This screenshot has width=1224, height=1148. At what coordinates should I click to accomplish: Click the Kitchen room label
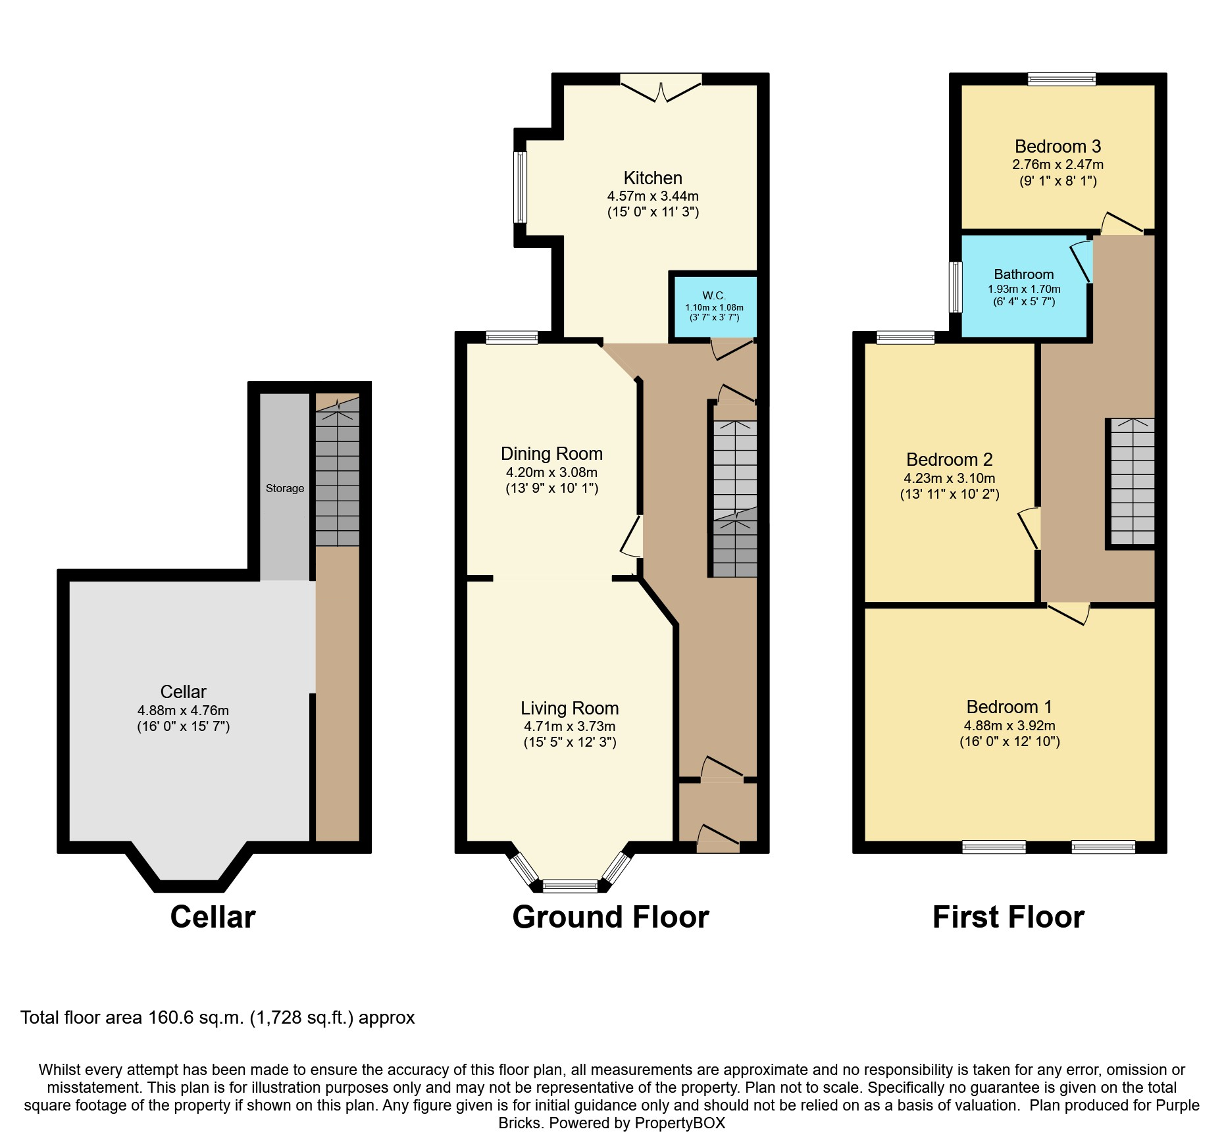[652, 178]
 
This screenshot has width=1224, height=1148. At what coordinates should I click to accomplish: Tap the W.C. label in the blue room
[714, 295]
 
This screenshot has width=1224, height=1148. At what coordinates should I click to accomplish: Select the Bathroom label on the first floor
[1023, 274]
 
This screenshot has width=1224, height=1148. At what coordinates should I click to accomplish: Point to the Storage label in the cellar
[285, 488]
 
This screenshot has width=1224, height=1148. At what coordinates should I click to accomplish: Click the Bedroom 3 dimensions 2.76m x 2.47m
[1058, 165]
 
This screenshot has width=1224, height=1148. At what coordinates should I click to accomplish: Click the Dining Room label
[551, 454]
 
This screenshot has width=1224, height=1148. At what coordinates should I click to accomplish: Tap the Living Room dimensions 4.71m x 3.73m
[569, 726]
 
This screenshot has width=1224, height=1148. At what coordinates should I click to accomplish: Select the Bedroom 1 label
[1009, 707]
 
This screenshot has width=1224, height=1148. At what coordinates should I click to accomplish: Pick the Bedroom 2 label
[949, 460]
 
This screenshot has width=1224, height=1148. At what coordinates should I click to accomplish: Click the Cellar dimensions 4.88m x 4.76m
[183, 711]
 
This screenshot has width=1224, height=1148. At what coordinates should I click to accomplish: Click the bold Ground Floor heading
[610, 917]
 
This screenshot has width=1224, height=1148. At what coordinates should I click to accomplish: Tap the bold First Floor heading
[1007, 917]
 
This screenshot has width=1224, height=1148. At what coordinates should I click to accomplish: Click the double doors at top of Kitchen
[661, 87]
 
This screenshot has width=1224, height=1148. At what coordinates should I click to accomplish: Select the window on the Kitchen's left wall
[521, 187]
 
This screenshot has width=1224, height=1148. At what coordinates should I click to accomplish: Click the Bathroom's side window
[955, 287]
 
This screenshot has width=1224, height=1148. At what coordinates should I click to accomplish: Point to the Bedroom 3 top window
[1061, 80]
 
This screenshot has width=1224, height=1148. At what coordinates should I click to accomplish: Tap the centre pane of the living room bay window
[570, 886]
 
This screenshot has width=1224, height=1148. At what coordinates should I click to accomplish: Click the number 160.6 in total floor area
[172, 1018]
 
